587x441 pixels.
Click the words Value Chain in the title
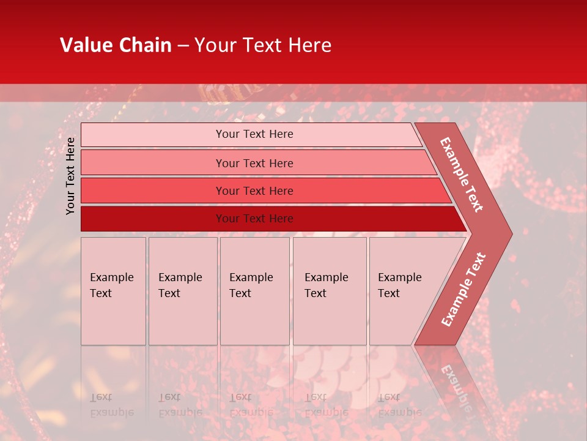pyautogui.click(x=116, y=45)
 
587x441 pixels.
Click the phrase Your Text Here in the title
pyautogui.click(x=263, y=45)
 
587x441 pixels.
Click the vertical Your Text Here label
pyautogui.click(x=70, y=176)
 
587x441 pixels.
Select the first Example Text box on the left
pyautogui.click(x=113, y=291)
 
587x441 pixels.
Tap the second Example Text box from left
pyautogui.click(x=182, y=291)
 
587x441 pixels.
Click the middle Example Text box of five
pyautogui.click(x=254, y=291)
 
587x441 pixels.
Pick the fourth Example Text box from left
pyautogui.click(x=329, y=291)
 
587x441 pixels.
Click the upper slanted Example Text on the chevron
pyautogui.click(x=462, y=175)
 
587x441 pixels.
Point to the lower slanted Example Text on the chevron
pyautogui.click(x=463, y=289)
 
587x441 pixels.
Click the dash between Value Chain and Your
pyautogui.click(x=183, y=45)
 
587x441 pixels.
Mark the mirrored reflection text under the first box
pyautogui.click(x=111, y=405)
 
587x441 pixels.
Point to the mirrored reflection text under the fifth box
pyautogui.click(x=400, y=405)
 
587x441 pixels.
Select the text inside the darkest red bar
pyautogui.click(x=254, y=219)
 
